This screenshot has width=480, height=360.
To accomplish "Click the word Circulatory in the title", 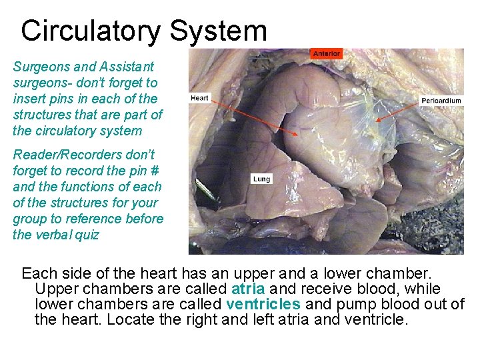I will [90, 31].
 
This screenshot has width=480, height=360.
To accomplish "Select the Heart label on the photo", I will [199, 98].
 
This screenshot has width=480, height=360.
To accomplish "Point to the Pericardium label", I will [441, 101].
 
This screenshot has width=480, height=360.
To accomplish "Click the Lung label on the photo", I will [261, 179].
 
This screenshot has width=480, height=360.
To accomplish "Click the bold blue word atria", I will [248, 289].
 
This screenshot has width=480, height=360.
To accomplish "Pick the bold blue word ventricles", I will [263, 304].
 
